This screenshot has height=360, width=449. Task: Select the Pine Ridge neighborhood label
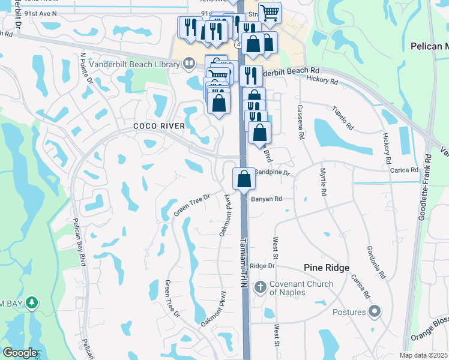click(x=326, y=268)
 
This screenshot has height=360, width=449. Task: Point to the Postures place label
click(x=349, y=312)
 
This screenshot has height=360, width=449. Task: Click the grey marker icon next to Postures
click(x=375, y=311)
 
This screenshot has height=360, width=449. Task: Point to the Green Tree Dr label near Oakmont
click(x=191, y=205)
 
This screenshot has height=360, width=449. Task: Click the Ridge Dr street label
click(x=262, y=266)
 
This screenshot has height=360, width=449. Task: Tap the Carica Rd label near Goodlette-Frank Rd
click(x=403, y=170)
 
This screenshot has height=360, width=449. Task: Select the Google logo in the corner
click(x=20, y=353)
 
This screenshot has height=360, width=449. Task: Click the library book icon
click(x=189, y=62)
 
